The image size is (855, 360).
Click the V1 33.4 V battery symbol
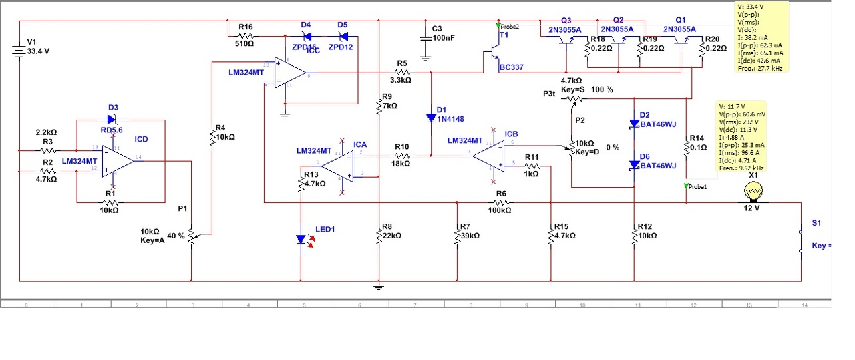point(20,51)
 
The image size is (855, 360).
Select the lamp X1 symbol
point(753,192)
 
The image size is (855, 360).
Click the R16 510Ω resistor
point(246,35)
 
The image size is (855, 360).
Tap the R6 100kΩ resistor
point(501,202)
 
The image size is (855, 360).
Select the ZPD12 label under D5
point(341,47)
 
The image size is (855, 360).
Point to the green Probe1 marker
point(686,186)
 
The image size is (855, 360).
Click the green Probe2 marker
point(498,26)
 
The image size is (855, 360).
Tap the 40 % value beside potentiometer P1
point(176,236)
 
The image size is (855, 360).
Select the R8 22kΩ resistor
point(379,235)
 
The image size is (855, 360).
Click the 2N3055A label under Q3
point(564,29)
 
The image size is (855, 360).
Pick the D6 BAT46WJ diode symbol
point(633,164)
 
